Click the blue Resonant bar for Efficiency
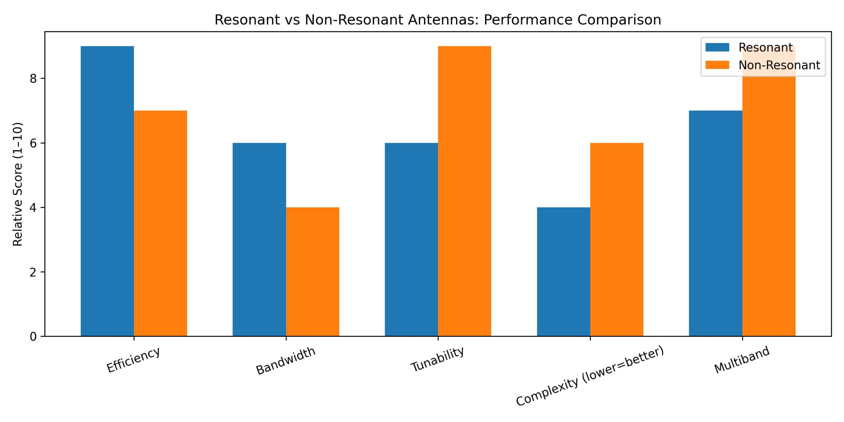(x=107, y=191)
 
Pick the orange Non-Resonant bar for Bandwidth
(x=313, y=272)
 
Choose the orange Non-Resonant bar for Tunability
(x=465, y=191)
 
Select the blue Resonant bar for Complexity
(x=563, y=272)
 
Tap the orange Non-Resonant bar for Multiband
(x=769, y=204)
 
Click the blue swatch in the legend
(x=717, y=47)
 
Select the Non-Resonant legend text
(x=779, y=65)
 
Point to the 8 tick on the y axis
(x=33, y=78)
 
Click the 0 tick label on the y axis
(x=33, y=337)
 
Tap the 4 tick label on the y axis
(x=33, y=208)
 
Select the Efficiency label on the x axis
(x=133, y=360)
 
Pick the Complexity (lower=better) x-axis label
(x=589, y=376)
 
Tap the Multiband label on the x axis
(x=742, y=360)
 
